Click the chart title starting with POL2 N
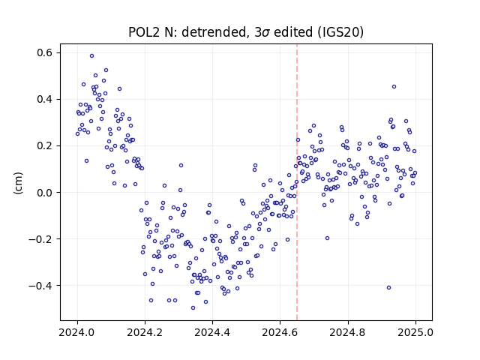(x=246, y=32)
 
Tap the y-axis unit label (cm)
(x=18, y=183)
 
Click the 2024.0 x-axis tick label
(x=77, y=332)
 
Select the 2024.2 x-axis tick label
(x=145, y=332)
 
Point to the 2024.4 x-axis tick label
(x=212, y=332)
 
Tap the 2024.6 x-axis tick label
(x=280, y=332)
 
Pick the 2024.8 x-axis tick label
(x=348, y=332)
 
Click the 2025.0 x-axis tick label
(x=415, y=332)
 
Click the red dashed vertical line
(x=297, y=182)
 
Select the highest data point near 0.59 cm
(x=91, y=56)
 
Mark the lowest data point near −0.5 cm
(x=193, y=308)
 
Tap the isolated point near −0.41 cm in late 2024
(x=388, y=288)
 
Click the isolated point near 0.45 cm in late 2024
(x=394, y=87)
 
